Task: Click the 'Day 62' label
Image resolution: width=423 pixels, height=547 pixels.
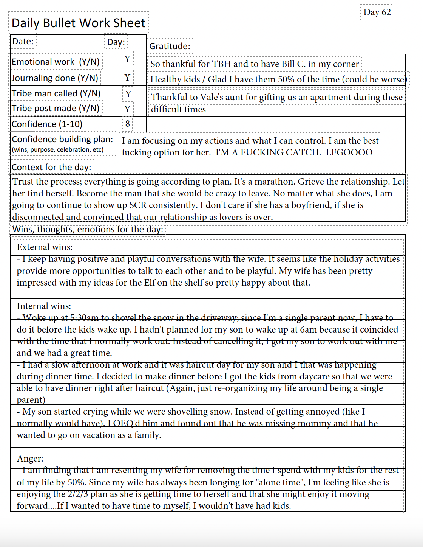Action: pos(377,12)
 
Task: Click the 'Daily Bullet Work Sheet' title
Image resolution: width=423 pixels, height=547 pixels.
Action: pos(79,23)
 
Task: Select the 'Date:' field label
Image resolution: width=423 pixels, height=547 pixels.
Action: pos(23,41)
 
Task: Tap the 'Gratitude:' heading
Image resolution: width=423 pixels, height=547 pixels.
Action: pos(170,46)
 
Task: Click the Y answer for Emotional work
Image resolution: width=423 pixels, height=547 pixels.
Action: pos(127,59)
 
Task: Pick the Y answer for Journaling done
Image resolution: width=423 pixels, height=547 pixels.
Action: pos(127,78)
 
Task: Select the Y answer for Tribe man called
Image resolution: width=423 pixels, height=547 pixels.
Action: pos(128,94)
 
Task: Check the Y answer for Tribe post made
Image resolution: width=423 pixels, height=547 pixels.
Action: pos(127,109)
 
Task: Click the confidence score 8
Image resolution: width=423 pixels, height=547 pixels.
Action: pos(128,124)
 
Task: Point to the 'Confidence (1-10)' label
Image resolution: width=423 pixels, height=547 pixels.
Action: pos(47,124)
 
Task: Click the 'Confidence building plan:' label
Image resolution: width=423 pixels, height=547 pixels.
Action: pos(62,139)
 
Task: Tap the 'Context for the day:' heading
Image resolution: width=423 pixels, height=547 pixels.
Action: pos(51,167)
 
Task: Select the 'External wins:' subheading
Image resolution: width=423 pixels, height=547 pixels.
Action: pos(45,247)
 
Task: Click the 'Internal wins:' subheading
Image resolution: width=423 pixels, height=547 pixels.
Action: pos(44,306)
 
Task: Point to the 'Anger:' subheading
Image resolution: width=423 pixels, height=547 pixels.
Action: pos(30,458)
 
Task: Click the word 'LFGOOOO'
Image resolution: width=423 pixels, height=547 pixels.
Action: pos(349,152)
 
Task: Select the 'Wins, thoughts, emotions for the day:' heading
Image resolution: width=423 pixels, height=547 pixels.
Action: pos(88,229)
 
